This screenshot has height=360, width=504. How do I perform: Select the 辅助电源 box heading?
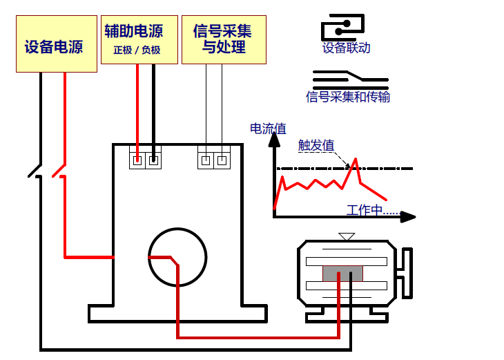[134, 31]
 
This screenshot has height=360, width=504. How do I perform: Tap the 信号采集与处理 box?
[224, 39]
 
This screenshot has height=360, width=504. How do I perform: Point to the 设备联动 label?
[347, 48]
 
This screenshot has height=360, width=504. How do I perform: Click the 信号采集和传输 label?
[348, 97]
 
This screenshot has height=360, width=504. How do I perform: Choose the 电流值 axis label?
[268, 128]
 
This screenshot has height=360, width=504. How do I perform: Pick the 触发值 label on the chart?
[316, 145]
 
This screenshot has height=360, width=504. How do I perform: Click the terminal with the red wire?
[137, 160]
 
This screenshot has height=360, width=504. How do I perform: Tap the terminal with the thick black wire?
[153, 160]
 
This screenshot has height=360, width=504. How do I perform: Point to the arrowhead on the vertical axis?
[275, 139]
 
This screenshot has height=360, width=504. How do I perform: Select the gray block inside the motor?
[343, 273]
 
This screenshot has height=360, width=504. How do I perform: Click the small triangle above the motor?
[347, 236]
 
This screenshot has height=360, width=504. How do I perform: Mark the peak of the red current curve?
[356, 160]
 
